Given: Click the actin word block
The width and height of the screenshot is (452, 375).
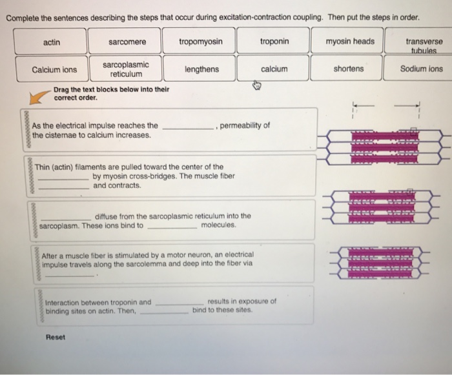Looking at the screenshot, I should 52,42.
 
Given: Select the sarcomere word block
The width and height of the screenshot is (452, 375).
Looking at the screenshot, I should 127,42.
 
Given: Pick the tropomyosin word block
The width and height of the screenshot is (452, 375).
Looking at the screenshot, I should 201,42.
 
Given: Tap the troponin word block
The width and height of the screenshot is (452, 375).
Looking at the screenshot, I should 274,42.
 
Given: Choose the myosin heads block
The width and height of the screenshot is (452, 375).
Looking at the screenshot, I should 349,42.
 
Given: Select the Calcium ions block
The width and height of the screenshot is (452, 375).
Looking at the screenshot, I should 54,69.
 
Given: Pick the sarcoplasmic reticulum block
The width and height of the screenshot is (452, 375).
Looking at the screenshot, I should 126,69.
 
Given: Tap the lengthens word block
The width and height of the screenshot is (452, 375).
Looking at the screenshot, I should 201,69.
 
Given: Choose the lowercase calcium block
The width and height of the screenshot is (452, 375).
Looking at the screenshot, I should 274,69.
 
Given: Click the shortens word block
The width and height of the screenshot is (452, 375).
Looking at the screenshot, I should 349,69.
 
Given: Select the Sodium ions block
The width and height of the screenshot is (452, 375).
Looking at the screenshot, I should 422,69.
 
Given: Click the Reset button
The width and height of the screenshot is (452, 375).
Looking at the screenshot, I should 56,337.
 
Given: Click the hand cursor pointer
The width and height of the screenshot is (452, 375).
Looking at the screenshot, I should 256,85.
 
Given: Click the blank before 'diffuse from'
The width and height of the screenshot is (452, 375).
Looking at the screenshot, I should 65,216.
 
